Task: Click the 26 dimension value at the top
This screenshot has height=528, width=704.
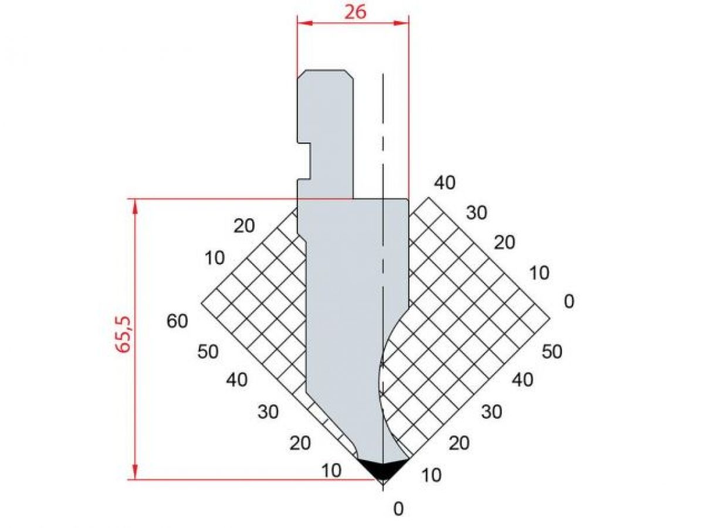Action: click(x=356, y=12)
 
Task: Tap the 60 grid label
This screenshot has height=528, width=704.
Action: click(x=177, y=321)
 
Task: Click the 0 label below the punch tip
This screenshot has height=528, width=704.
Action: click(x=398, y=509)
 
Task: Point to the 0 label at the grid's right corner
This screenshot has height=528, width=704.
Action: click(x=569, y=302)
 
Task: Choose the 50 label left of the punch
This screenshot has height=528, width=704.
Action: click(x=208, y=351)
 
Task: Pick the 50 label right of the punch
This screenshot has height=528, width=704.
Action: click(x=552, y=351)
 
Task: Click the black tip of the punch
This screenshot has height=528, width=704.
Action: click(x=383, y=469)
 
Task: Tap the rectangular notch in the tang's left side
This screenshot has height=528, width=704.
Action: click(x=304, y=160)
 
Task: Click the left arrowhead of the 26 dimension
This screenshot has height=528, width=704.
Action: click(x=304, y=23)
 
